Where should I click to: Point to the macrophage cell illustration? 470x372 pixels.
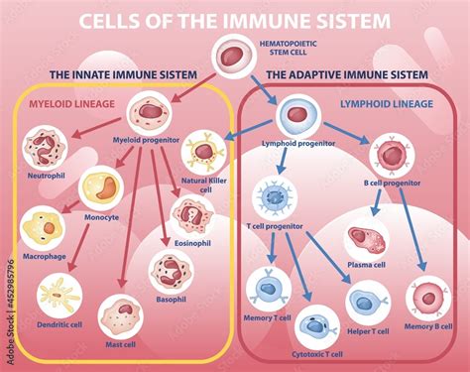coord(44,227)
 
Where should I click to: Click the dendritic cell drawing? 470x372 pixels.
coord(59,296)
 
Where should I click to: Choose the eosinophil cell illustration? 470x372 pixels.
coord(192,215)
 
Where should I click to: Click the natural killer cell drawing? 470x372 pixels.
coord(203,152)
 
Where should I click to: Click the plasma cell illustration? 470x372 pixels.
coord(366,241)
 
